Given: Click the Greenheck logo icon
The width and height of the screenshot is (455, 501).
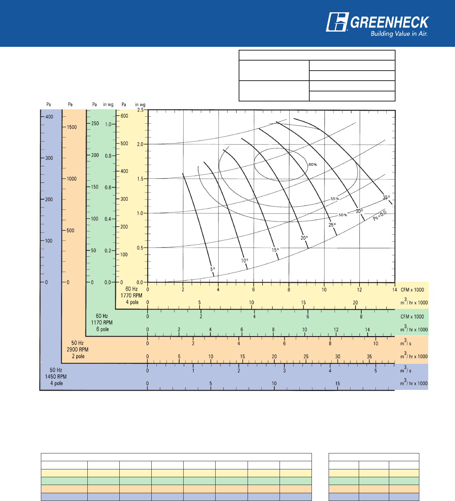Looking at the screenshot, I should coord(337,22).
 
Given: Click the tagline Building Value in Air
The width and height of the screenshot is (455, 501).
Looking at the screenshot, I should coord(399,34).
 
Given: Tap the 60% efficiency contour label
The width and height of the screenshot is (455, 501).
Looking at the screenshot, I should coord(313,164).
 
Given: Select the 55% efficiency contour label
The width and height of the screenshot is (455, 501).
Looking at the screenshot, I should coord(335,199).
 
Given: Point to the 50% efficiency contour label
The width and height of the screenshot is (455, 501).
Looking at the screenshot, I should coord(343,215).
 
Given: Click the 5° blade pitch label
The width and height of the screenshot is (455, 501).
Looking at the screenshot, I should coord(213,269).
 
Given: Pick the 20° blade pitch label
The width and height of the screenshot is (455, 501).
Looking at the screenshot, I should coord(304,238).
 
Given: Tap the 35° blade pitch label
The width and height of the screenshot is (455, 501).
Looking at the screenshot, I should coord(386,197).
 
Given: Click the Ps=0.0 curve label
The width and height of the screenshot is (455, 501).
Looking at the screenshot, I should coord(380,216).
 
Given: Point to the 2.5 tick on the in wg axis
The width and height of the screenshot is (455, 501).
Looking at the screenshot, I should coord(141,110).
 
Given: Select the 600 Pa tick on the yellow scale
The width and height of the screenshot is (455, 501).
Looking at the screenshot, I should coord(124,116).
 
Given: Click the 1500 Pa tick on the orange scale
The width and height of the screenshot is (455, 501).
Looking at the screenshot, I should coord(72,127).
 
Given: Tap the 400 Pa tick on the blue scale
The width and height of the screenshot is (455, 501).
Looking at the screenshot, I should coord(49,117).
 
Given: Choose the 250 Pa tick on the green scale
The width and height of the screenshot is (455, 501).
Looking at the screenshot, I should coord(95,123).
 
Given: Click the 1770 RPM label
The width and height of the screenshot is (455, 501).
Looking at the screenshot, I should coord(131,295).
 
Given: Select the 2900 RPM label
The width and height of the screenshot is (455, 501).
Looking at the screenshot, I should coord(78,349).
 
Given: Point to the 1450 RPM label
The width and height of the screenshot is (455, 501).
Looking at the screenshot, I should coord(56,376).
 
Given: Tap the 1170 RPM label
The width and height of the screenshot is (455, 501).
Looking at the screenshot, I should coord(101,323).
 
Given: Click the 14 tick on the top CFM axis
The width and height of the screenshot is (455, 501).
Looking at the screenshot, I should coord(394,290).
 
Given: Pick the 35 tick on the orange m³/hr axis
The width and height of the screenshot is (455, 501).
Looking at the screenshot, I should coord(369,356).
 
